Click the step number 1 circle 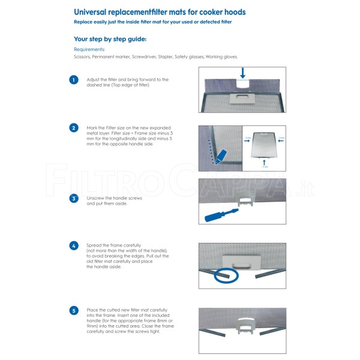(x=74, y=80)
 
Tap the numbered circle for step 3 (x=74, y=199)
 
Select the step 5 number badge (x=74, y=311)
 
